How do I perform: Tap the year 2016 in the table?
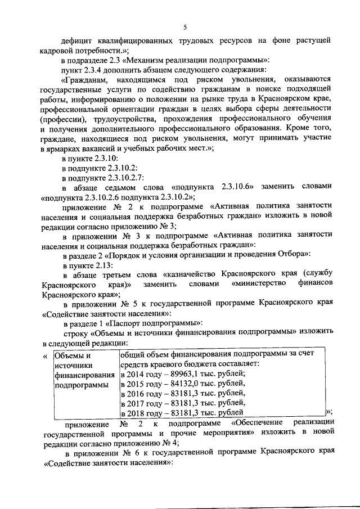tap(137, 394)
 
